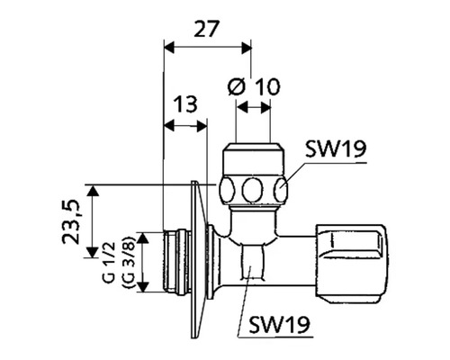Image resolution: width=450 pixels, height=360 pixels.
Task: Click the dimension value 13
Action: pos(186,104)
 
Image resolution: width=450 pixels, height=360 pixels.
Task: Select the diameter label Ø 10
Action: pos(254,86)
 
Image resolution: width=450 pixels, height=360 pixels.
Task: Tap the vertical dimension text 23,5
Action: pos(72,221)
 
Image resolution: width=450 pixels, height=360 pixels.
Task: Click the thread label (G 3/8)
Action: pos(130,261)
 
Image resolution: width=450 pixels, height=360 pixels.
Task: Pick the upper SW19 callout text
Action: pos(336,149)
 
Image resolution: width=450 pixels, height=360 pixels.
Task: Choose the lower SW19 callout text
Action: pos(279,324)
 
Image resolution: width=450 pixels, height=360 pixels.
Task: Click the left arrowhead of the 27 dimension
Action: pos(169,48)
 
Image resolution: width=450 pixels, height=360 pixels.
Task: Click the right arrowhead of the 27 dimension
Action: pos(247,48)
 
